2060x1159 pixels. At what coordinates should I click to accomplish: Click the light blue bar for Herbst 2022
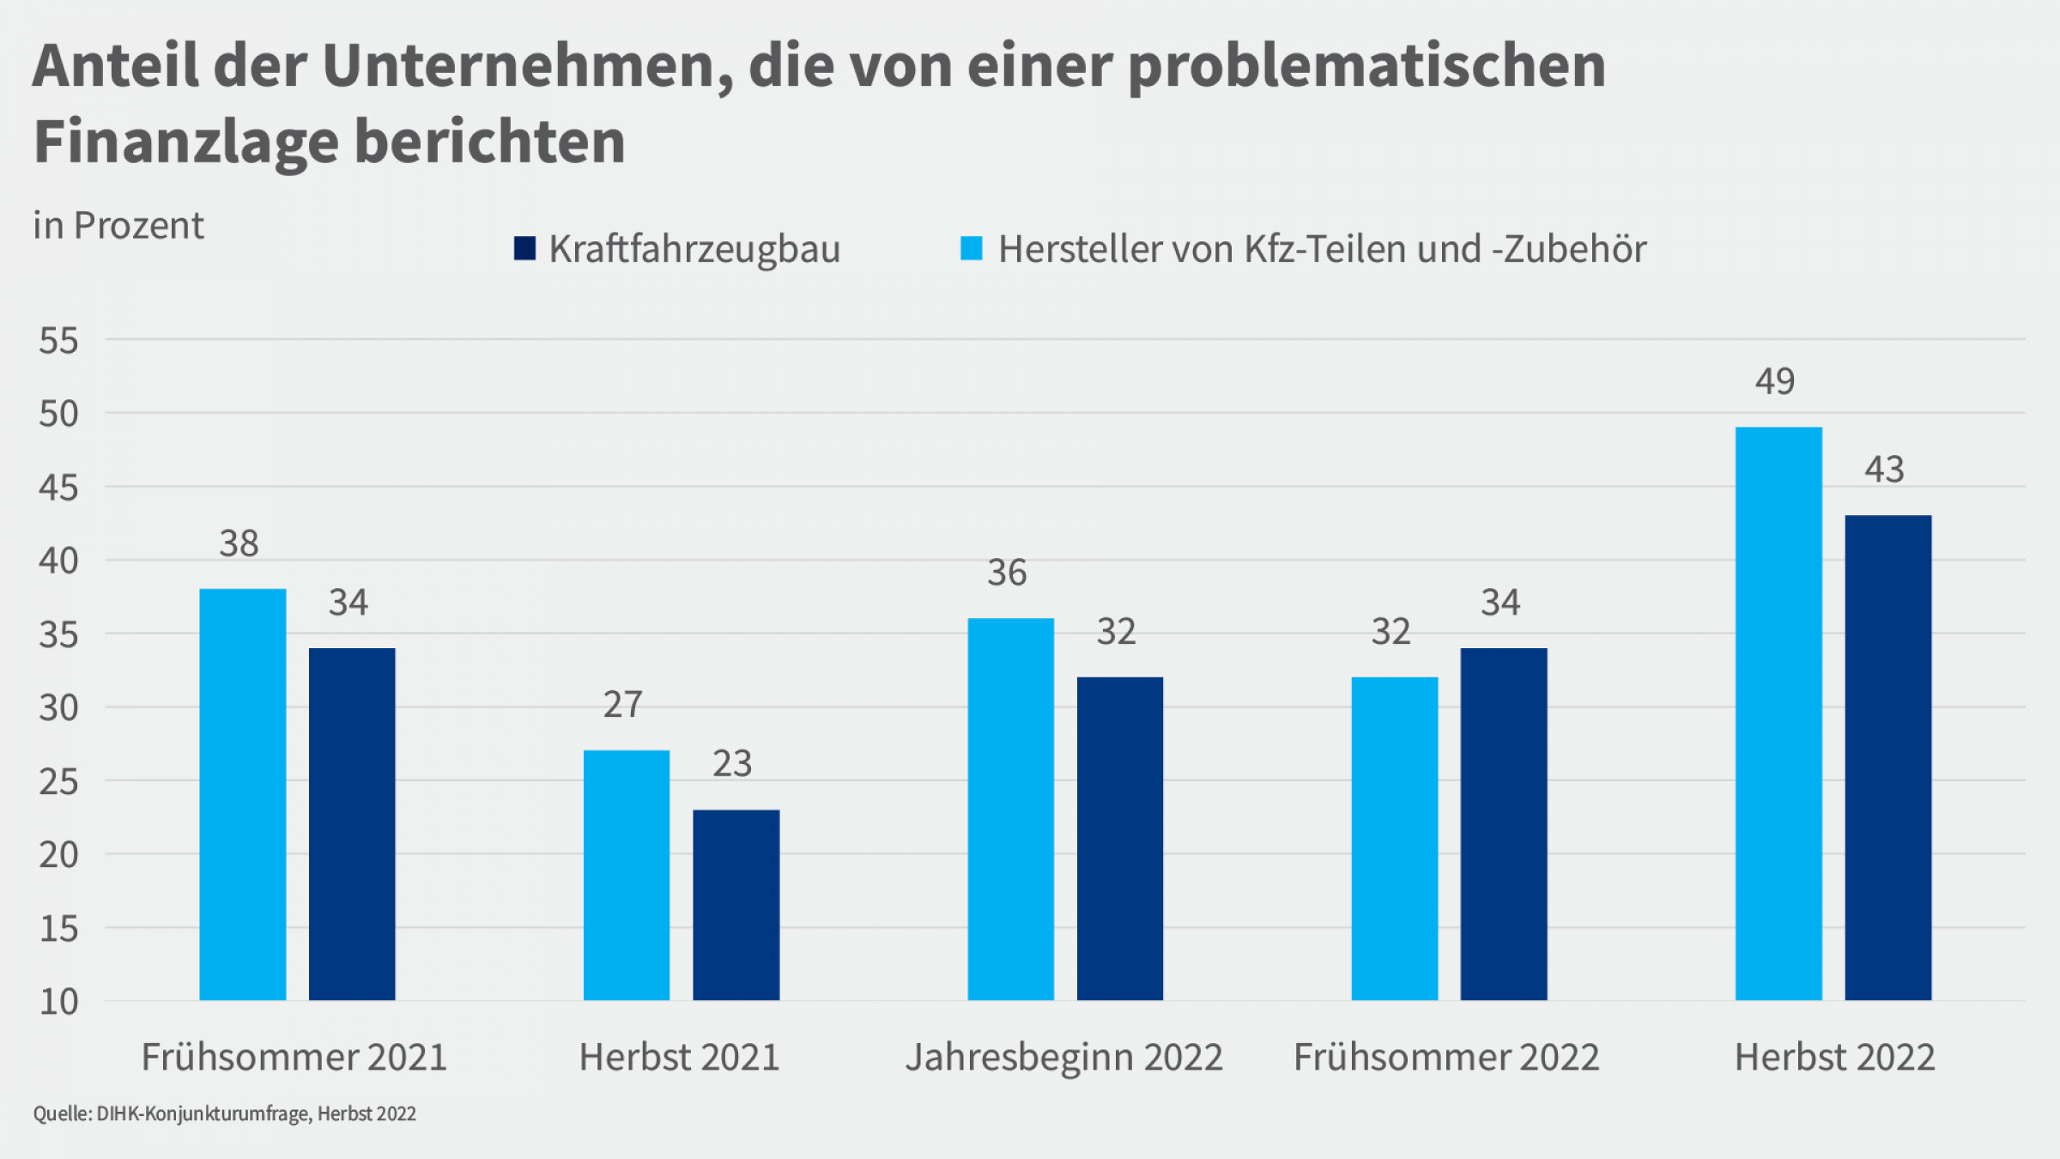[1778, 713]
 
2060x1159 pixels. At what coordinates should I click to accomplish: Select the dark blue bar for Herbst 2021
[736, 905]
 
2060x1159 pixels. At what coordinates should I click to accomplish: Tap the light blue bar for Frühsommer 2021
[243, 794]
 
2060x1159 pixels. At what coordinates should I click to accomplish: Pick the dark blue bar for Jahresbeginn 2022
[1120, 839]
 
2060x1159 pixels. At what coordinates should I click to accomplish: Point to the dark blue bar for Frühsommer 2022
[1504, 824]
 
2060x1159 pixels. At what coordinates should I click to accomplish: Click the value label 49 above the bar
[1775, 381]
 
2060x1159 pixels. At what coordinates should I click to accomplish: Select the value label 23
[732, 763]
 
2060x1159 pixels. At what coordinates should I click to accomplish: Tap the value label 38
[239, 543]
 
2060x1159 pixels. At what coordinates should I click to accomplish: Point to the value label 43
[1884, 470]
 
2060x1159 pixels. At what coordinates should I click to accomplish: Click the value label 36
[1007, 573]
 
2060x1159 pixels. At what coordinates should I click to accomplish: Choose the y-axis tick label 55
[58, 341]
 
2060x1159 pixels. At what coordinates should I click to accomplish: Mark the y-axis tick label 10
[58, 1002]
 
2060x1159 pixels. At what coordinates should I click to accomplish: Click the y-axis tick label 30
[58, 708]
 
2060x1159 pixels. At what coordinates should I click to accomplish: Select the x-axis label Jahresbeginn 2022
[1064, 1057]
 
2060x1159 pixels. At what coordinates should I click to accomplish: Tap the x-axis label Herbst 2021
[679, 1057]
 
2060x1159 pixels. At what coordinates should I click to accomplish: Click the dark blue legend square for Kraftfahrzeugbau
[524, 248]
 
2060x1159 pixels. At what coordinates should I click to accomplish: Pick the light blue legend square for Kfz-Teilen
[971, 248]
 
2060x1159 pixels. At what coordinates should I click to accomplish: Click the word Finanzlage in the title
[185, 142]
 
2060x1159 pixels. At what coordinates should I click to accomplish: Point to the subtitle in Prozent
[118, 226]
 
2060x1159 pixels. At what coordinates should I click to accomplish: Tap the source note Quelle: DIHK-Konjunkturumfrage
[225, 1113]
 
